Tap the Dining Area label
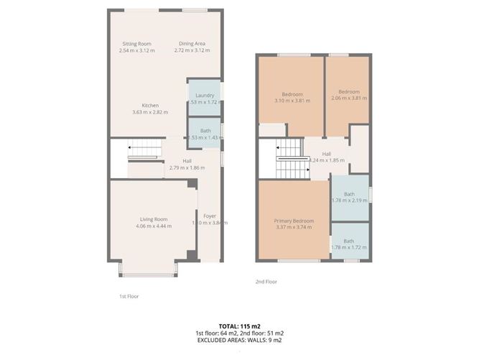point(192,44)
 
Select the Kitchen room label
point(149,106)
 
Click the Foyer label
point(210,216)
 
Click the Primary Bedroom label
point(293,221)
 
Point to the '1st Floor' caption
point(129,295)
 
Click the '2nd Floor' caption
point(266,282)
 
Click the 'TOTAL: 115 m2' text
point(239,326)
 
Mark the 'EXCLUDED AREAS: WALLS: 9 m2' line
point(239,340)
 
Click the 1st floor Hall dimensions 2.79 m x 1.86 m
point(187,167)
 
